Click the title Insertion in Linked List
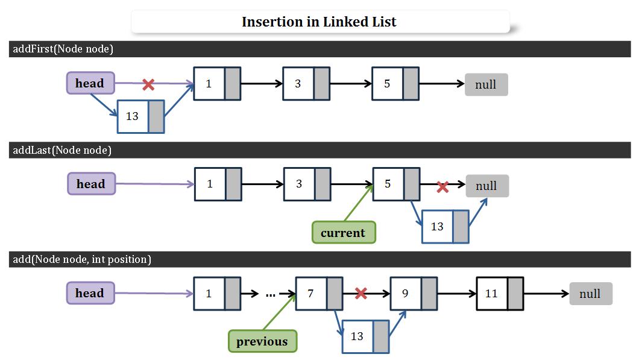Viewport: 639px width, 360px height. pos(319,22)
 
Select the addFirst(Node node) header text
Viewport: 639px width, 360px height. pos(63,49)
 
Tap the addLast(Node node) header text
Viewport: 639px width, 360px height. pos(62,150)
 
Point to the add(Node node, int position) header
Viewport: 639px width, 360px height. pos(82,259)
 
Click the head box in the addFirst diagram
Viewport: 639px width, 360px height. pos(90,83)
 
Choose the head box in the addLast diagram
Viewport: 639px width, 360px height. pos(91,184)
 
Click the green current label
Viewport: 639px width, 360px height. pos(343,233)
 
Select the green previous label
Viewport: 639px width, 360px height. pos(262,341)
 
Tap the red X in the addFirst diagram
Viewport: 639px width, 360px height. pos(148,84)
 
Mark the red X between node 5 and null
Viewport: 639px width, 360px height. pos(442,187)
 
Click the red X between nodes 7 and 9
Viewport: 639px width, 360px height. pos(361,293)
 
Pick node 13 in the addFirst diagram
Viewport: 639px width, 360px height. pos(140,116)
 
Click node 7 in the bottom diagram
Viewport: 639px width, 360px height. pos(319,294)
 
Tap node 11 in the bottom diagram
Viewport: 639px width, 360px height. pos(500,294)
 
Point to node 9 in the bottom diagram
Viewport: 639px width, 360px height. pos(414,294)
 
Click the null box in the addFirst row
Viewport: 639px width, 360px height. pos(486,85)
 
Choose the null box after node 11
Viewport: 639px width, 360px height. pos(590,294)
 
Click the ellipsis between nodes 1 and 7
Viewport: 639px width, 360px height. pos(270,294)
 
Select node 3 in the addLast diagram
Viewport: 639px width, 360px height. pos(307,185)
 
